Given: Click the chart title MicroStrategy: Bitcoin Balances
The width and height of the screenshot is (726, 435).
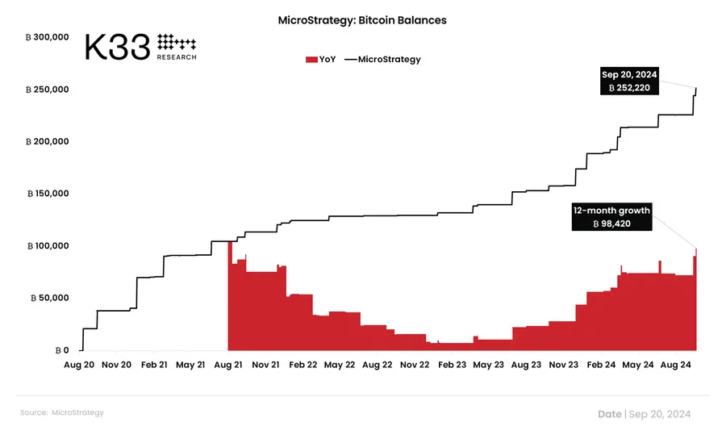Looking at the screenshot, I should coord(361,20).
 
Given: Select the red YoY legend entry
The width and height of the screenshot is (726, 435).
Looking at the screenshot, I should coord(320,59).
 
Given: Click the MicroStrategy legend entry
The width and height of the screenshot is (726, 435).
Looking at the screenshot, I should coord(382,59).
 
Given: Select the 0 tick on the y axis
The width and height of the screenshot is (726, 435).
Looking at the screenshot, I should coord(60,350).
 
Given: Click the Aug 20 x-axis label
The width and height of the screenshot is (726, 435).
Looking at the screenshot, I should coord(79,365).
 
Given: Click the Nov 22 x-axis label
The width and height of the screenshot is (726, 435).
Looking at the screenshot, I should coord(414,365).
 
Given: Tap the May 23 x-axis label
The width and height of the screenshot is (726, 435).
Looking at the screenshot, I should coord(488,365).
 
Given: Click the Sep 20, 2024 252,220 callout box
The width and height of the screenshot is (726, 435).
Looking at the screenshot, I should coord(629,81).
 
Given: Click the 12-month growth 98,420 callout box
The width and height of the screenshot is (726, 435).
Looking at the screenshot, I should coord(611,217).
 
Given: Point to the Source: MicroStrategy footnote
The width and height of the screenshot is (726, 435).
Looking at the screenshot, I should coord(62,412).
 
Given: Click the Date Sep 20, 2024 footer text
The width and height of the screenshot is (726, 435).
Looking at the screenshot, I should coord(644,414).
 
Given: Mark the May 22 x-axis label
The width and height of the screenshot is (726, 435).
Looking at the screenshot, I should coord(339,365).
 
